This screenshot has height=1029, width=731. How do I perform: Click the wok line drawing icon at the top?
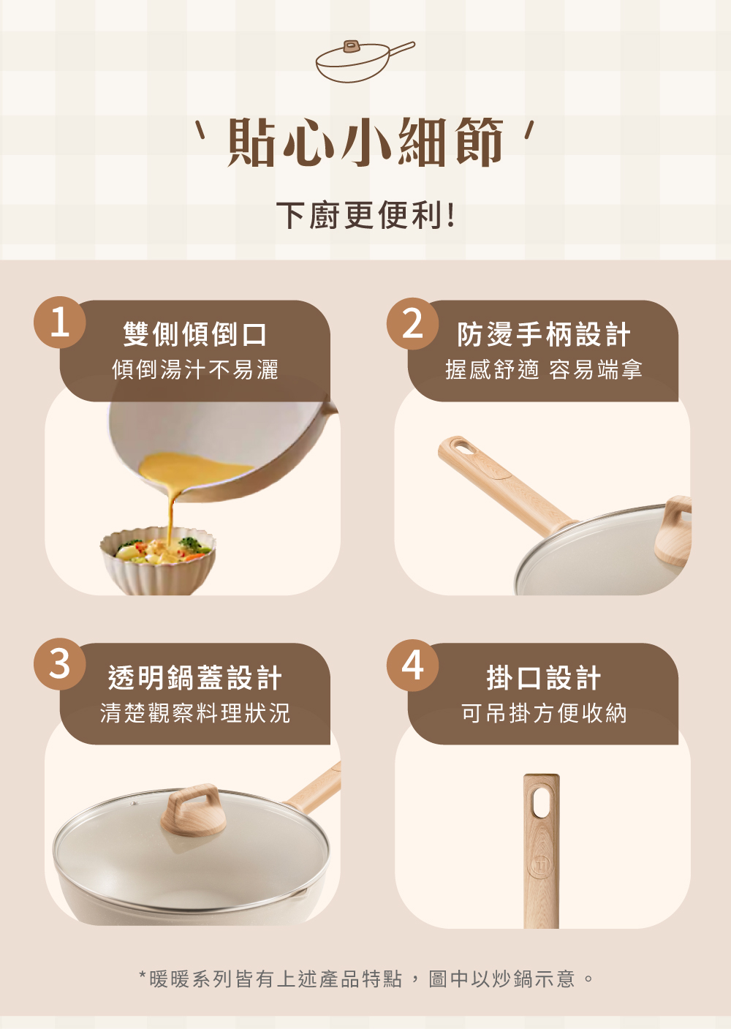365,61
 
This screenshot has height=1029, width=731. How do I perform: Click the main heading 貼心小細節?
365,142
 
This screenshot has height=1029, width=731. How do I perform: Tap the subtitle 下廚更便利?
366,215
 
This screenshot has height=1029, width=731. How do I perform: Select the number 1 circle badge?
60,322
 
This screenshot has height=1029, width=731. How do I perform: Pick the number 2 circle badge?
412,323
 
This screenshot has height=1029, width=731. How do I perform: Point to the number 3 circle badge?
60,664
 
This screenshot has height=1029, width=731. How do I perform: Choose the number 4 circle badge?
412,666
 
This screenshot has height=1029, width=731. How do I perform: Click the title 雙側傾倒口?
194,334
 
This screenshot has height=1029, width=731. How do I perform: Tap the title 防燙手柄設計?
543,334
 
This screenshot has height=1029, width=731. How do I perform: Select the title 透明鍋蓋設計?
194,677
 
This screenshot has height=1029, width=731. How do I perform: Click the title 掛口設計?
544,677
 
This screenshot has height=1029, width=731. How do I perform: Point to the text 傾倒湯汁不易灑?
195,369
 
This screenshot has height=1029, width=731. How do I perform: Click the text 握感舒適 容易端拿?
544,369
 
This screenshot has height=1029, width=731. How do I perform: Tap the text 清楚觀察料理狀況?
195,713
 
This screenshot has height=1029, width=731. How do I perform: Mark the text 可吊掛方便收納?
544,713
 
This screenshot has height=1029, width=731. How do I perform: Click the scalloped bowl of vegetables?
158,561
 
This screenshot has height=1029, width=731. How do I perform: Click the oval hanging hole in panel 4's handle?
541,804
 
